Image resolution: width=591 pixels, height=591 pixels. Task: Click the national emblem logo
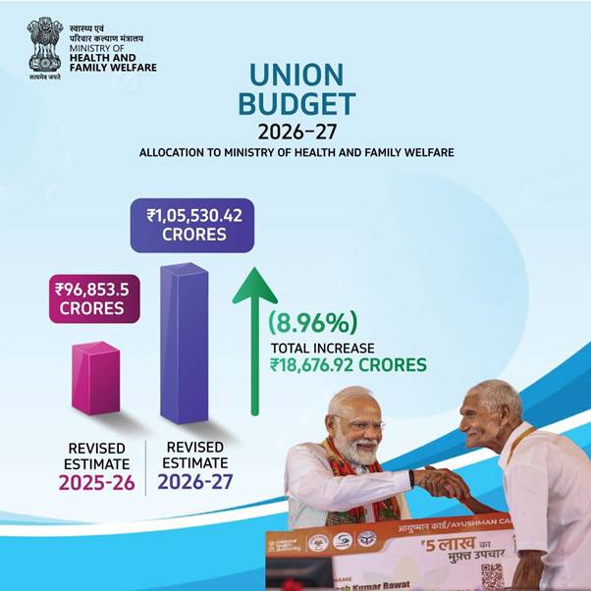point(44,45)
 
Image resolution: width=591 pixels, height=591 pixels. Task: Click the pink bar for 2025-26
point(95,377)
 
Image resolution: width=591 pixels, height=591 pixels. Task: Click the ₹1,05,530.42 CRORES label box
point(192,225)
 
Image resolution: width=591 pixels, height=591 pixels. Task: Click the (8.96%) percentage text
point(313,322)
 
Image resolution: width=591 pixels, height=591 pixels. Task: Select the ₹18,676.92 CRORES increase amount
point(349,365)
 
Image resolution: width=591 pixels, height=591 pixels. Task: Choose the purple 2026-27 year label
point(194,482)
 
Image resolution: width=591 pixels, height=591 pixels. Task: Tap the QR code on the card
point(492,575)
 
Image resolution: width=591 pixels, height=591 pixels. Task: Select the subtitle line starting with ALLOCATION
point(296,154)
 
